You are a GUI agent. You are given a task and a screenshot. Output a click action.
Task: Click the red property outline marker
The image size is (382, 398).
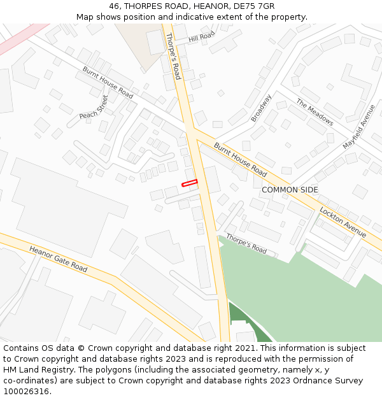[190, 183]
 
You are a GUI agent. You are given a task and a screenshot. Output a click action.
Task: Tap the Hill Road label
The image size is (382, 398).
[202, 38]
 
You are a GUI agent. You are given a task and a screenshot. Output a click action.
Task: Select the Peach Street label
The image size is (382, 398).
[94, 107]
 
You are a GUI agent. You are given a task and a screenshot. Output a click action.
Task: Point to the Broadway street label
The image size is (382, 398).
[261, 108]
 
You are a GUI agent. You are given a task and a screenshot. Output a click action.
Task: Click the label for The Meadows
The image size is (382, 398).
[315, 112]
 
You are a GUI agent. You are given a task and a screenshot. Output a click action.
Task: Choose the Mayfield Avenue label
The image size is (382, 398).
[359, 126]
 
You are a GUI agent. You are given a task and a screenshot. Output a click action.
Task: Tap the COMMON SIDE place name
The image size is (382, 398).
[290, 190]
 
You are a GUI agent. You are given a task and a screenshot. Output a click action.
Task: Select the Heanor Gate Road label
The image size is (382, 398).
[58, 258]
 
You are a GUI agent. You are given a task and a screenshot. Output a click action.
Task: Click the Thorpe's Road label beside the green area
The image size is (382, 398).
[246, 244]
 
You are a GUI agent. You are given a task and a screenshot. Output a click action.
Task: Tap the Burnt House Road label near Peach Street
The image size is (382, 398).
[108, 82]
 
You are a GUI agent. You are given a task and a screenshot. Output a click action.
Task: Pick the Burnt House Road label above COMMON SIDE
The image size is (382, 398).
[240, 159]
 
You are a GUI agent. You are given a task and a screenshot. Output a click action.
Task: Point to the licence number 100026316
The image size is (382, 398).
[26, 391]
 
